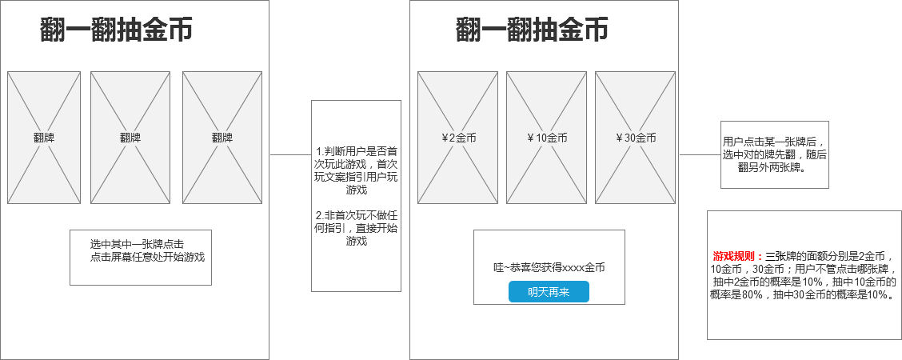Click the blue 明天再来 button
[549, 291]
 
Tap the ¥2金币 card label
[458, 138]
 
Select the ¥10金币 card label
[547, 138]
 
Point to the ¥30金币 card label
[636, 138]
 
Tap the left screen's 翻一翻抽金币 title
[116, 30]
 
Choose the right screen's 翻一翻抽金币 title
[532, 30]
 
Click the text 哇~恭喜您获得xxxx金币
[549, 267]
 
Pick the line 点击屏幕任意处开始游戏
[147, 257]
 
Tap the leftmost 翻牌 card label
[44, 138]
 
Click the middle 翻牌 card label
[130, 138]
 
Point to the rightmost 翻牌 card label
[222, 138]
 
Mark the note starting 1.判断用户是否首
[356, 170]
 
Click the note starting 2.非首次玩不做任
[356, 228]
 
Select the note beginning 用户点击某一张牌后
[774, 154]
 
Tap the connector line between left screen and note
[290, 154]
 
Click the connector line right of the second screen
[700, 154]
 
